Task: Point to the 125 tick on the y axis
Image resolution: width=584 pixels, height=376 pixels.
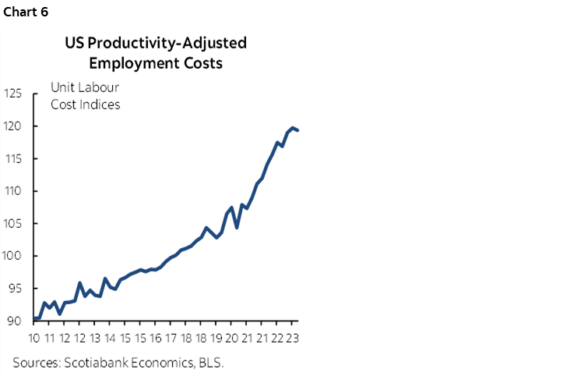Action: [x=13, y=94]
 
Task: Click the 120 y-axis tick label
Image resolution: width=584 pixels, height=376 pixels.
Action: [x=13, y=126]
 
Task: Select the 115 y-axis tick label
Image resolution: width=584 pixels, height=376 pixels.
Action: [x=13, y=159]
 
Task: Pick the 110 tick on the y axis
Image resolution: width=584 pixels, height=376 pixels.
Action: [x=13, y=191]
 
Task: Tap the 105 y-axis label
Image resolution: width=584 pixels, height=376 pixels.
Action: [x=13, y=224]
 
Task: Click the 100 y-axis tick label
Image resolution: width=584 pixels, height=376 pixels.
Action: [x=13, y=256]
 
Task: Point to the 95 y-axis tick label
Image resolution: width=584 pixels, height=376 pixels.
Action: [x=16, y=289]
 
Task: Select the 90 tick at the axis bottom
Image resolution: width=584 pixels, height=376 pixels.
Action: [x=16, y=321]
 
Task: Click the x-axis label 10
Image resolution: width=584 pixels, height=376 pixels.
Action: [x=34, y=338]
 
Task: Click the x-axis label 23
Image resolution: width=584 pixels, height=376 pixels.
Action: [x=291, y=338]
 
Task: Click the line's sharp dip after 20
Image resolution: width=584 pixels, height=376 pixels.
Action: [x=236, y=227]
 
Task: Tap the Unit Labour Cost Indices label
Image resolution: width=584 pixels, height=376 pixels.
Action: [x=86, y=96]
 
